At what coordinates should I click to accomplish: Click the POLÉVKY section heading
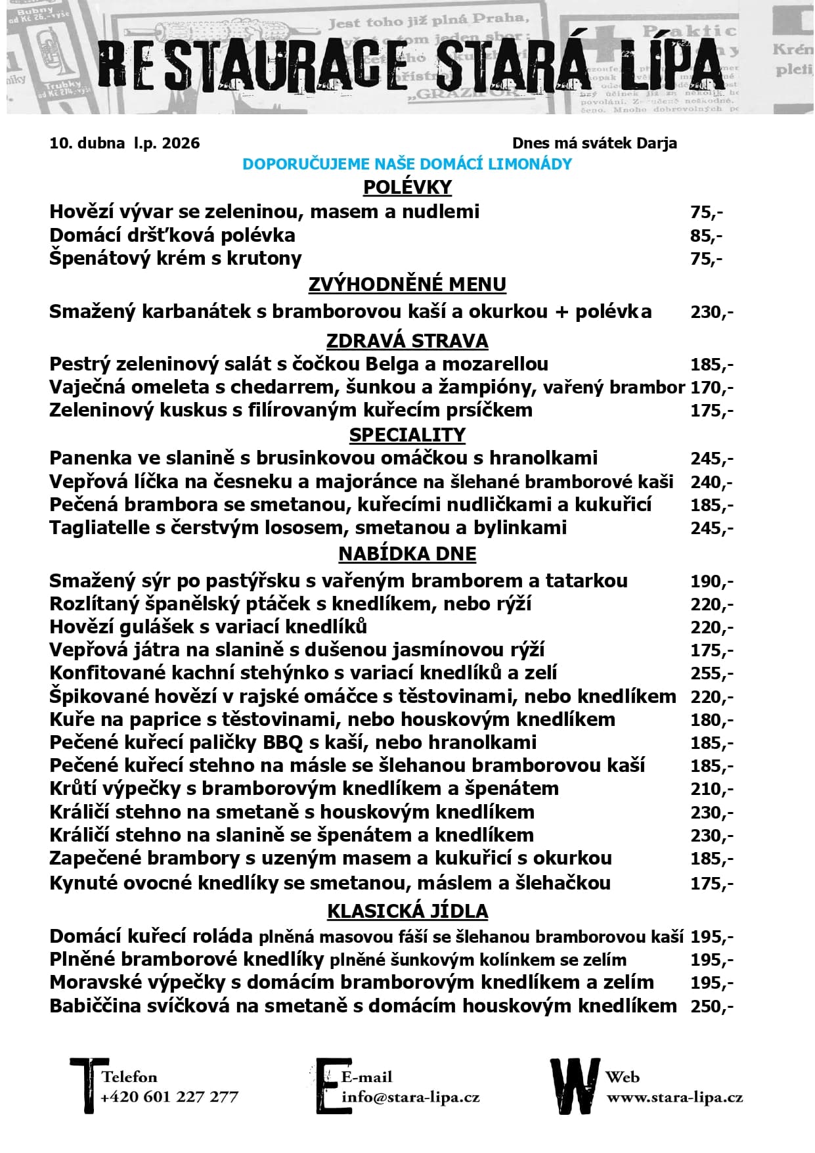pyautogui.click(x=407, y=187)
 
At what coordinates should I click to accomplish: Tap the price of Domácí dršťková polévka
pyautogui.click(x=706, y=235)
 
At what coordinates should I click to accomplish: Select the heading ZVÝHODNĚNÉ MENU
pyautogui.click(x=407, y=284)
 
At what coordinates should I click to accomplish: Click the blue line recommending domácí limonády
pyautogui.click(x=407, y=164)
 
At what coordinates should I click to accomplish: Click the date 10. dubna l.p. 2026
pyautogui.click(x=125, y=143)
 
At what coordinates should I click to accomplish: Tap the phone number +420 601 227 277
pyautogui.click(x=169, y=1096)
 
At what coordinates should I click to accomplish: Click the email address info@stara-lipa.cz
pyautogui.click(x=410, y=1096)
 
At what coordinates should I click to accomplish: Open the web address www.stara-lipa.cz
pyautogui.click(x=674, y=1096)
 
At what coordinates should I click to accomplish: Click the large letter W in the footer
pyautogui.click(x=575, y=1085)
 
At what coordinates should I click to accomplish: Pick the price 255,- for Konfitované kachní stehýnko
pyautogui.click(x=711, y=673)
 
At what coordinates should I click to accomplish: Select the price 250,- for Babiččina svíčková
pyautogui.click(x=711, y=1006)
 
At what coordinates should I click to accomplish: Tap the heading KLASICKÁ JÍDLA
pyautogui.click(x=407, y=911)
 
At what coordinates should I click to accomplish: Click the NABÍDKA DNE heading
pyautogui.click(x=407, y=554)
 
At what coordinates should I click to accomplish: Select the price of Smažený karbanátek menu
pyautogui.click(x=711, y=311)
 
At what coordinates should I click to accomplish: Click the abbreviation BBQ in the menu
pyautogui.click(x=282, y=742)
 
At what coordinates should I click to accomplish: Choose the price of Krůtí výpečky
pyautogui.click(x=711, y=789)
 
